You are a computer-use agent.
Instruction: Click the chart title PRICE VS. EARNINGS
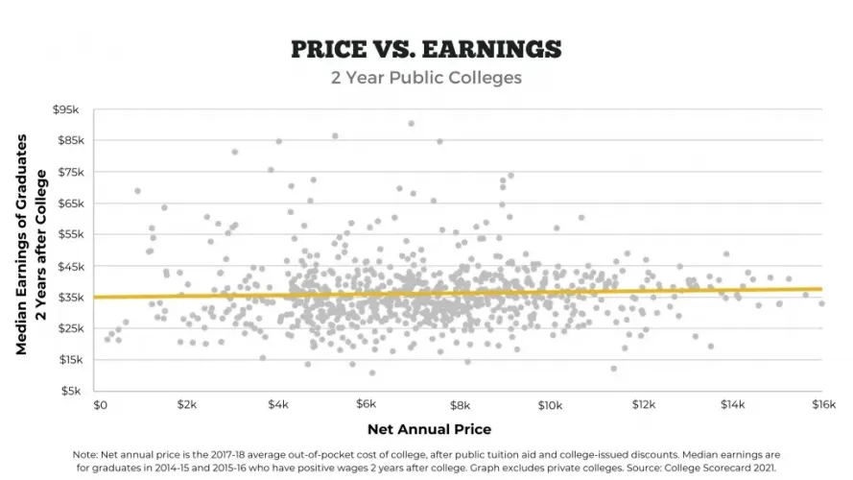click(426, 49)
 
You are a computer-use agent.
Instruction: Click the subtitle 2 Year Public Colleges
click(426, 78)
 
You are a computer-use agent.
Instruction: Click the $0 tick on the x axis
click(100, 406)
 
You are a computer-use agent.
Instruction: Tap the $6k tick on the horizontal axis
click(369, 406)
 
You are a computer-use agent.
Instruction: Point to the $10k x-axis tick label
click(549, 406)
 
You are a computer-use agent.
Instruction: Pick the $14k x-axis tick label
click(732, 406)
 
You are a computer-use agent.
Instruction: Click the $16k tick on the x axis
click(822, 406)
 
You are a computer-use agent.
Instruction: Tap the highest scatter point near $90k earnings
click(411, 123)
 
